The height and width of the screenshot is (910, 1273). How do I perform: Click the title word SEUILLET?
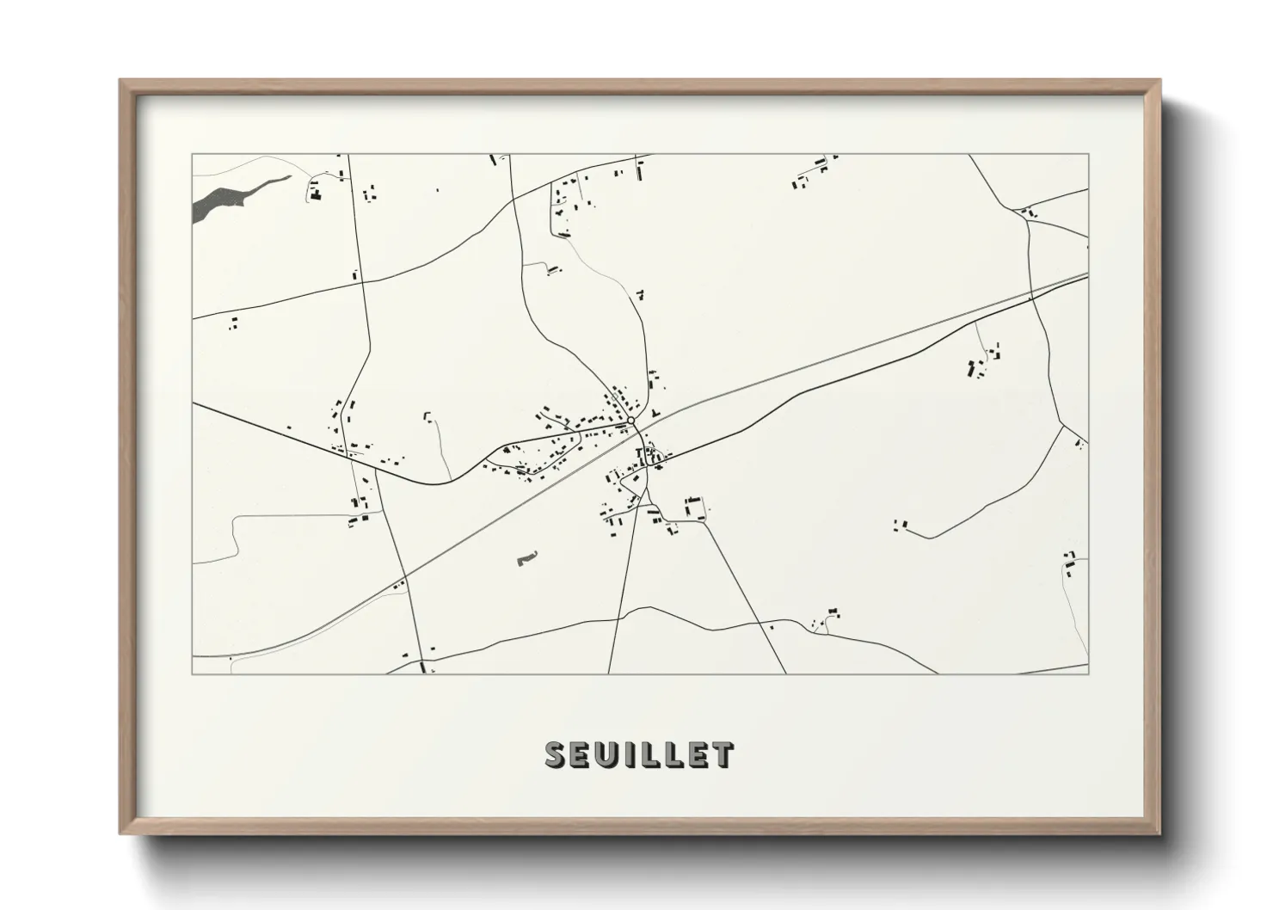point(639,754)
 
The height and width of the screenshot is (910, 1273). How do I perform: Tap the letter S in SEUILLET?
point(557,754)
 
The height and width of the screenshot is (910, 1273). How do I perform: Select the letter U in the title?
point(607,754)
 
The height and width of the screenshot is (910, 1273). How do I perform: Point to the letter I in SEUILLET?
point(633,754)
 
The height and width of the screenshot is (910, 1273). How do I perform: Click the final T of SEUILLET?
point(723,754)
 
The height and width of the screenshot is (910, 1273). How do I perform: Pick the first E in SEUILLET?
point(582,754)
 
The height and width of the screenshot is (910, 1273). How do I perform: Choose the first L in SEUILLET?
point(654,754)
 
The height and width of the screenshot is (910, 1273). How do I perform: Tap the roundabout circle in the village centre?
point(631,420)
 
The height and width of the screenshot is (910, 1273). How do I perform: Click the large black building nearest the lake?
point(315,196)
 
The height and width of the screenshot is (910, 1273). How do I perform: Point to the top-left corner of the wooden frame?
point(121,81)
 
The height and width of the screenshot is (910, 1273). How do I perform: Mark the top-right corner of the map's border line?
point(1088,154)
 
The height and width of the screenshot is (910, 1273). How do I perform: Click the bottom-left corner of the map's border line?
point(192,673)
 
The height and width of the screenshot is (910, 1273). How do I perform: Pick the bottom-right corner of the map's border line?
point(1088,673)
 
